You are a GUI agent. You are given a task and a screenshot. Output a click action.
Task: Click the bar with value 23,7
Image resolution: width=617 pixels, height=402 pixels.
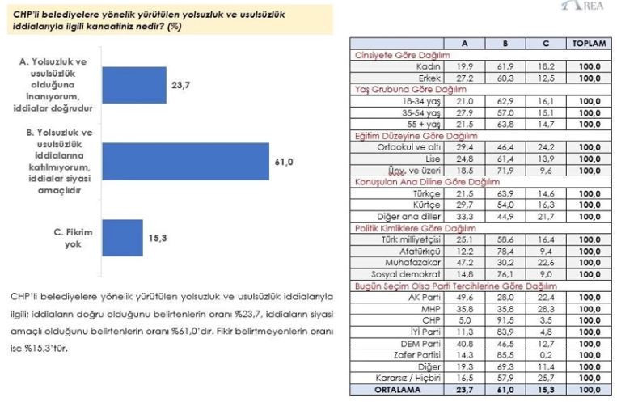coord(133,84)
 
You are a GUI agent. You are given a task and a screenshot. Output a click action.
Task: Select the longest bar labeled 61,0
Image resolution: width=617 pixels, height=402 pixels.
coord(185,162)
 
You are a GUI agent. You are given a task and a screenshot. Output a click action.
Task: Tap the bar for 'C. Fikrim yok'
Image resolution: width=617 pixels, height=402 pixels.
coord(122,238)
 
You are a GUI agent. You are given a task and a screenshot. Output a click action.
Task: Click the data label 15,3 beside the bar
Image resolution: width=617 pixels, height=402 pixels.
coord(156,238)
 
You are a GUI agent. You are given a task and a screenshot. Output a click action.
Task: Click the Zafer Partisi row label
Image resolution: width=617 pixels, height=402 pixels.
coord(416,353)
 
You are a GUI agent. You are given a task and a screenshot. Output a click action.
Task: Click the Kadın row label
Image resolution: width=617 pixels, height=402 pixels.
coord(426,66)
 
